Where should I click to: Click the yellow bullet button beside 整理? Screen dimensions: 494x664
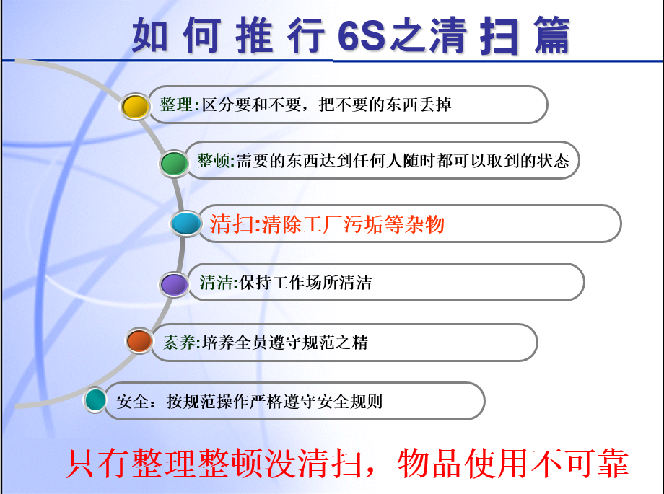click(x=135, y=106)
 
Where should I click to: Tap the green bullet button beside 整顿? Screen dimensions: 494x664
click(x=174, y=163)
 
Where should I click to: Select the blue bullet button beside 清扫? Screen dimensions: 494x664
click(x=186, y=224)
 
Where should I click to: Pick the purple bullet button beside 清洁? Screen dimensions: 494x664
click(x=174, y=283)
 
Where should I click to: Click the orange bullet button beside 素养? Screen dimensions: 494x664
click(x=139, y=340)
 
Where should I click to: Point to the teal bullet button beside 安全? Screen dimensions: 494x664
click(x=96, y=400)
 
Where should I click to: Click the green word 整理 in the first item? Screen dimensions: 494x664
click(x=176, y=105)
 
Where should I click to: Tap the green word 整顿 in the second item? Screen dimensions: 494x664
click(x=214, y=161)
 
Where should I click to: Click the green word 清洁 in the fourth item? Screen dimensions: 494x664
click(x=215, y=282)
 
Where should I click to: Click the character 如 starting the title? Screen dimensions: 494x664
click(x=151, y=36)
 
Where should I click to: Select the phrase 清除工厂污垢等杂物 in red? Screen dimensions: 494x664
click(x=353, y=224)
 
